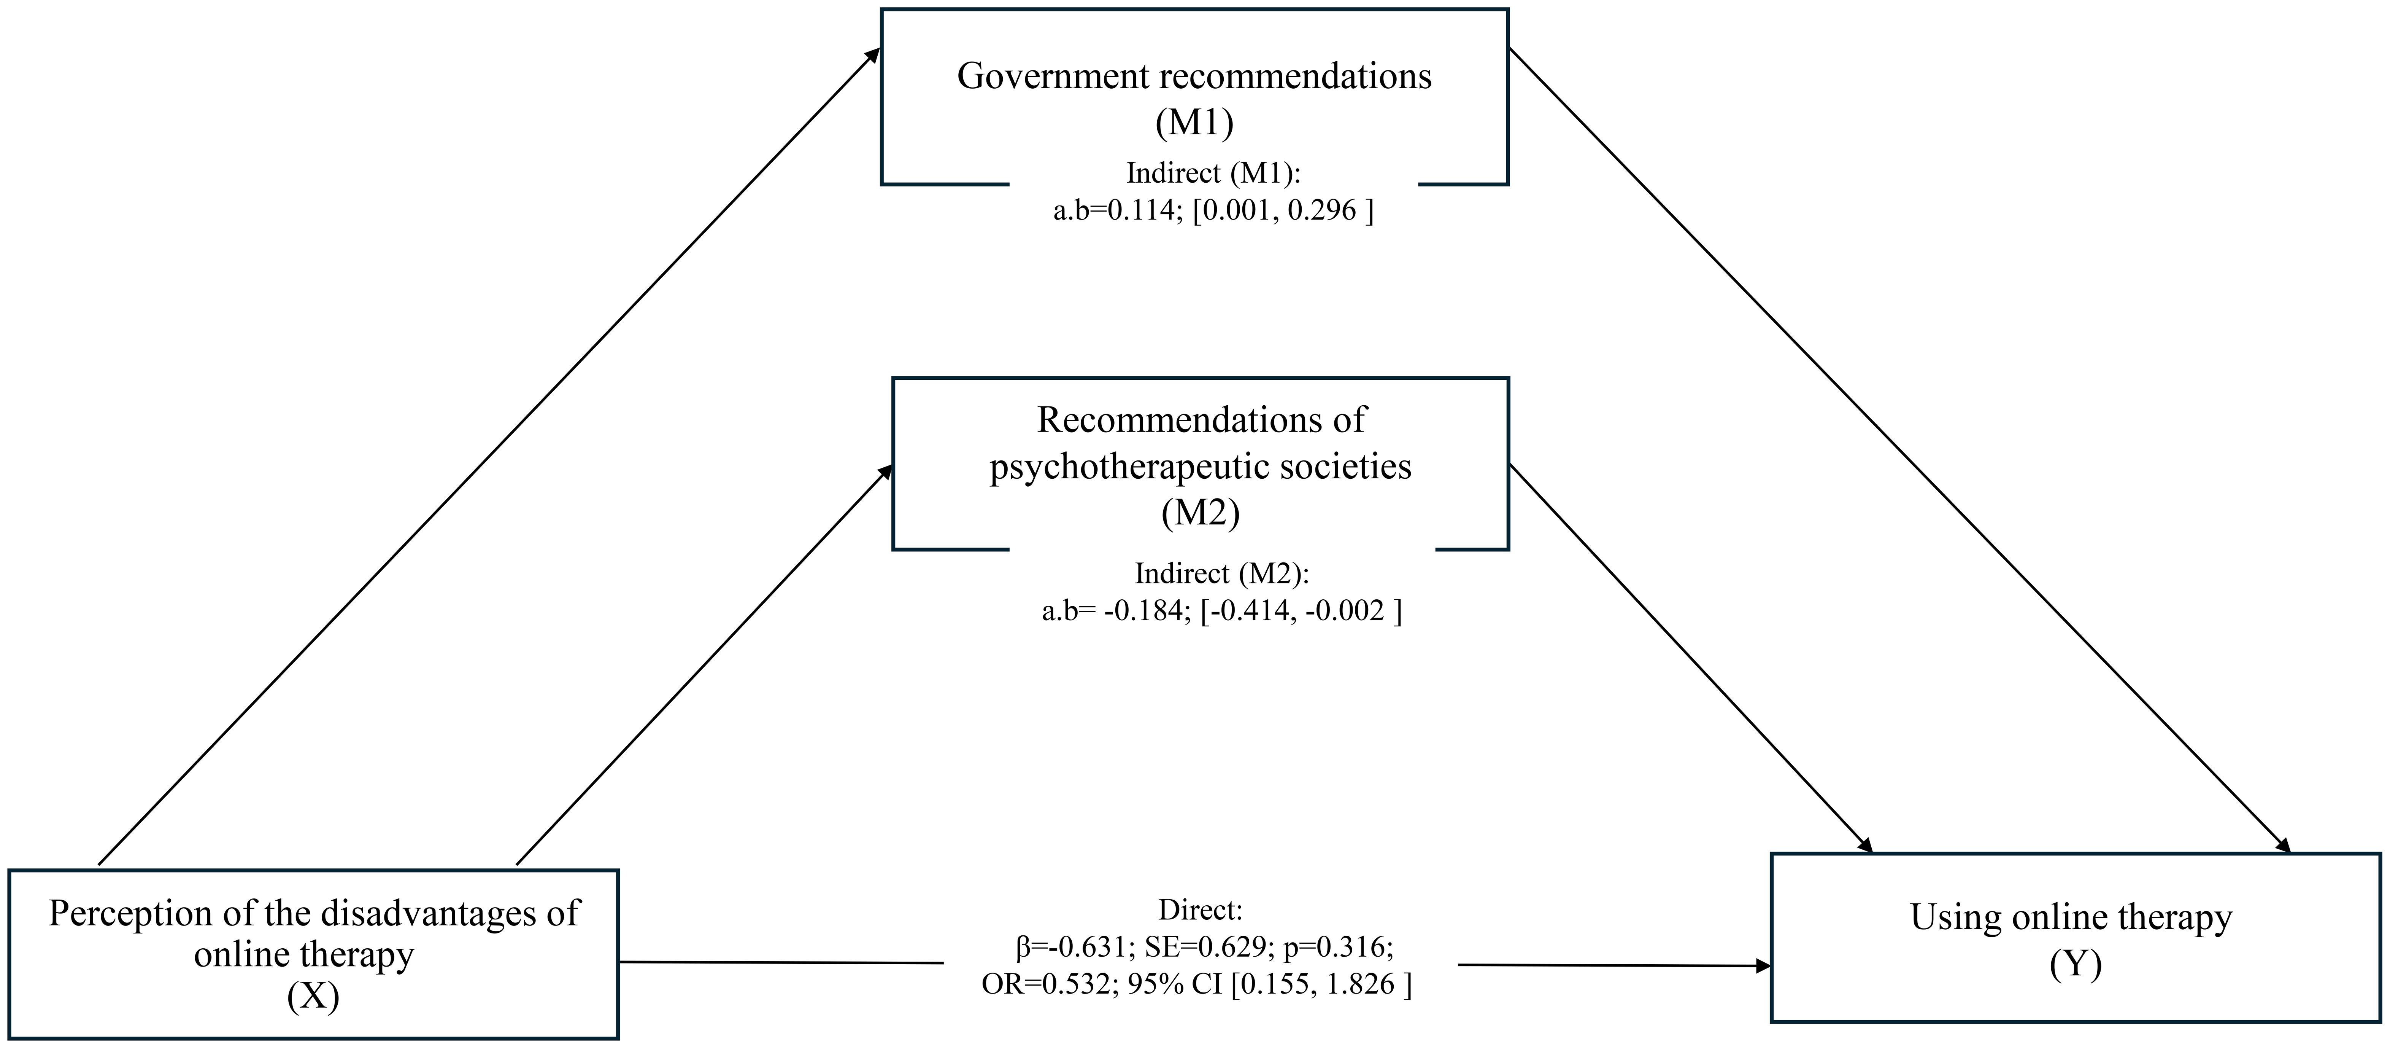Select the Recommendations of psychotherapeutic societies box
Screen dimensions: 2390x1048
pos(1201,464)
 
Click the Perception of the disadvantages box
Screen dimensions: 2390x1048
pos(314,956)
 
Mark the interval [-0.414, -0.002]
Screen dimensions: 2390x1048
pos(1301,611)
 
